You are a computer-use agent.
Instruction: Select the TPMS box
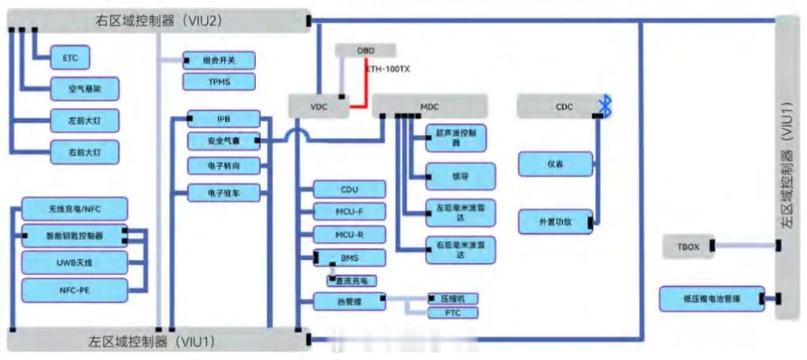(219, 82)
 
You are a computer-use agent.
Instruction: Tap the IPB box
(224, 119)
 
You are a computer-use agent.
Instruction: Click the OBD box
(365, 51)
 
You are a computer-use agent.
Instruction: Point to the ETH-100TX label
(388, 69)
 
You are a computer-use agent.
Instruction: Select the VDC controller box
(318, 105)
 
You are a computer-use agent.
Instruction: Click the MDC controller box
(429, 105)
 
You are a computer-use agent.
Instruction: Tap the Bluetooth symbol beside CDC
(606, 105)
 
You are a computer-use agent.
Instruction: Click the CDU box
(350, 190)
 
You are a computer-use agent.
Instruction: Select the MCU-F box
(350, 212)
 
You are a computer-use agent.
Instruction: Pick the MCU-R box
(350, 235)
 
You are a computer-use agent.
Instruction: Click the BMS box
(350, 258)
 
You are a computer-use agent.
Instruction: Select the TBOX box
(689, 247)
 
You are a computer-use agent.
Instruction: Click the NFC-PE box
(75, 289)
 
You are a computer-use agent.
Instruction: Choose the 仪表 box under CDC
(556, 164)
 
